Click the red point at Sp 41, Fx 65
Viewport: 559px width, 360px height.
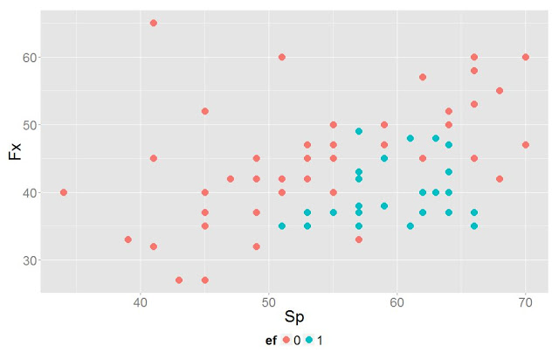pyautogui.click(x=154, y=23)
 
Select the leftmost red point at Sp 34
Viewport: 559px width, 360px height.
pyautogui.click(x=64, y=192)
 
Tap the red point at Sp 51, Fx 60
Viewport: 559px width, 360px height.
pyautogui.click(x=282, y=57)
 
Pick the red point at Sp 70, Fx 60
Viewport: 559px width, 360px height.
pyautogui.click(x=526, y=57)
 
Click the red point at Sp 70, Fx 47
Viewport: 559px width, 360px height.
pyautogui.click(x=526, y=145)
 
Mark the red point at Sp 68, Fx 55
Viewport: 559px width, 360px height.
pyautogui.click(x=500, y=91)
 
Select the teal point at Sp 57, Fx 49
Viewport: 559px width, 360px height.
pyautogui.click(x=359, y=131)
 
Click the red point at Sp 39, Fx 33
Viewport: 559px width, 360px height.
pyautogui.click(x=128, y=239)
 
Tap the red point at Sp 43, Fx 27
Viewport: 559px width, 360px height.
pyautogui.click(x=179, y=280)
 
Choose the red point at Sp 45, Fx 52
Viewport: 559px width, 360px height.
pyautogui.click(x=205, y=111)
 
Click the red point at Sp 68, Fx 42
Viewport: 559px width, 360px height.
pyautogui.click(x=500, y=179)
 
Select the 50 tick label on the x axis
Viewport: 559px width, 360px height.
pyautogui.click(x=269, y=304)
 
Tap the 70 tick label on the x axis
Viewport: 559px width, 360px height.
pyautogui.click(x=526, y=304)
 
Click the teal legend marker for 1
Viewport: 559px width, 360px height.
pyautogui.click(x=311, y=340)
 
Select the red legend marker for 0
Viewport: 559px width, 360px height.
pyautogui.click(x=286, y=340)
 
